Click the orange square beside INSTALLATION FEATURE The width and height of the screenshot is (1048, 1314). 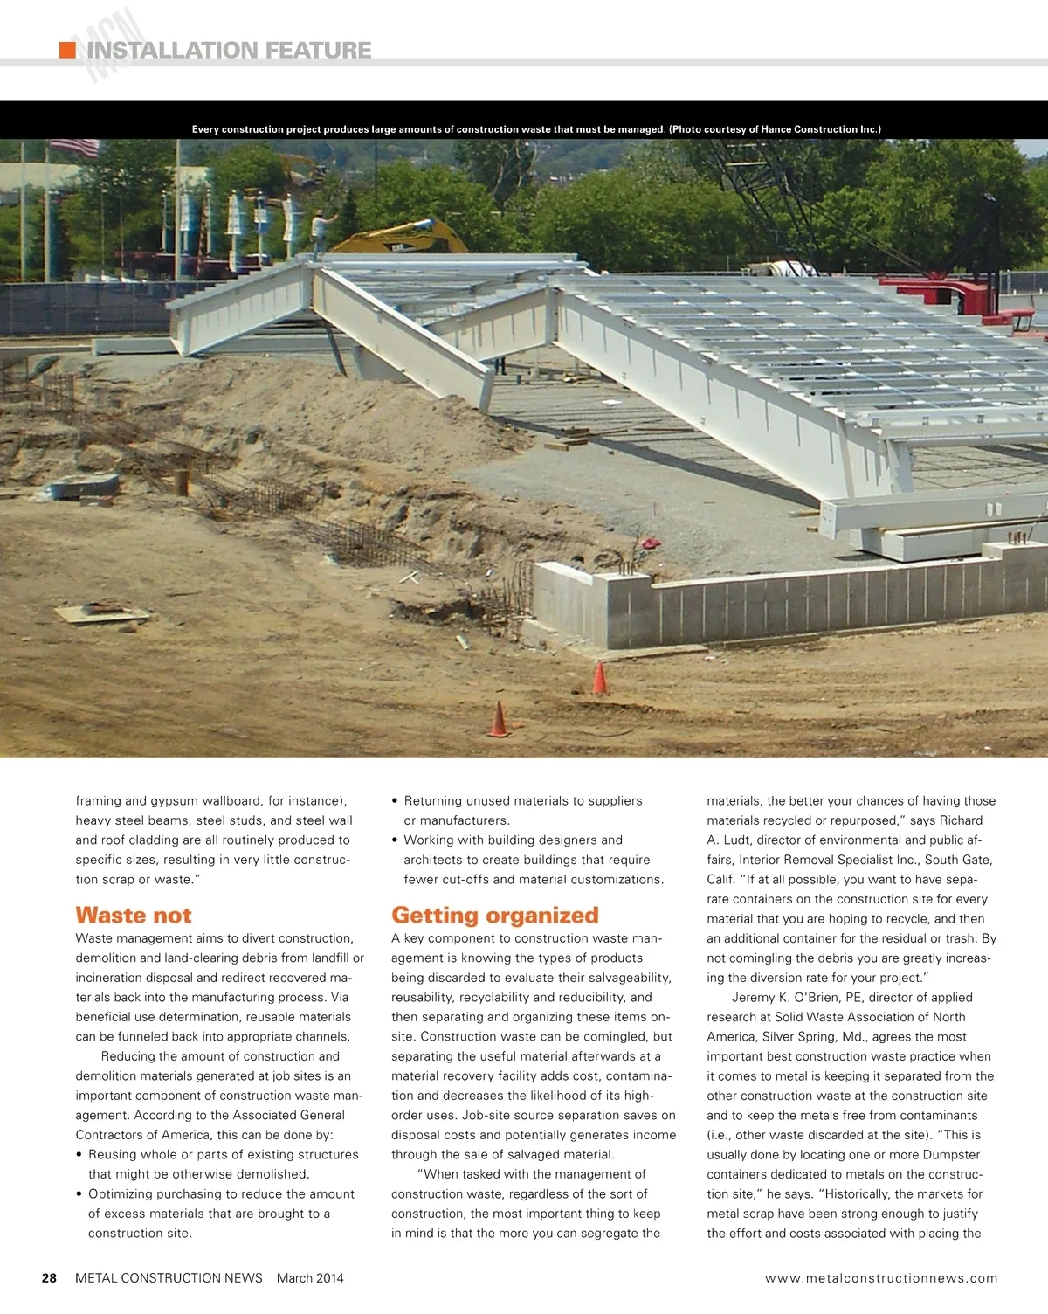67,50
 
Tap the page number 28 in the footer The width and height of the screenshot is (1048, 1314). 50,1278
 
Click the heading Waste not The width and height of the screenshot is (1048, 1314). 134,915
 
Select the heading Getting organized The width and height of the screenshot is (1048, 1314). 494,915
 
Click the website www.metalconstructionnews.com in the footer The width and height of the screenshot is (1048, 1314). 881,1278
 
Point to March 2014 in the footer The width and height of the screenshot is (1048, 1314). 310,1278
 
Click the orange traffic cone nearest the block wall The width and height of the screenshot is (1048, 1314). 600,679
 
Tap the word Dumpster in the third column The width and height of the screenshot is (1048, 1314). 950,1155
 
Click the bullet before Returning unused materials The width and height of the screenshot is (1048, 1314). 396,801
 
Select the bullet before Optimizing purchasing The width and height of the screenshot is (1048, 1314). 80,1194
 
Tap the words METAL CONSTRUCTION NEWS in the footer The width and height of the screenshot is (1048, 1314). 169,1278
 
